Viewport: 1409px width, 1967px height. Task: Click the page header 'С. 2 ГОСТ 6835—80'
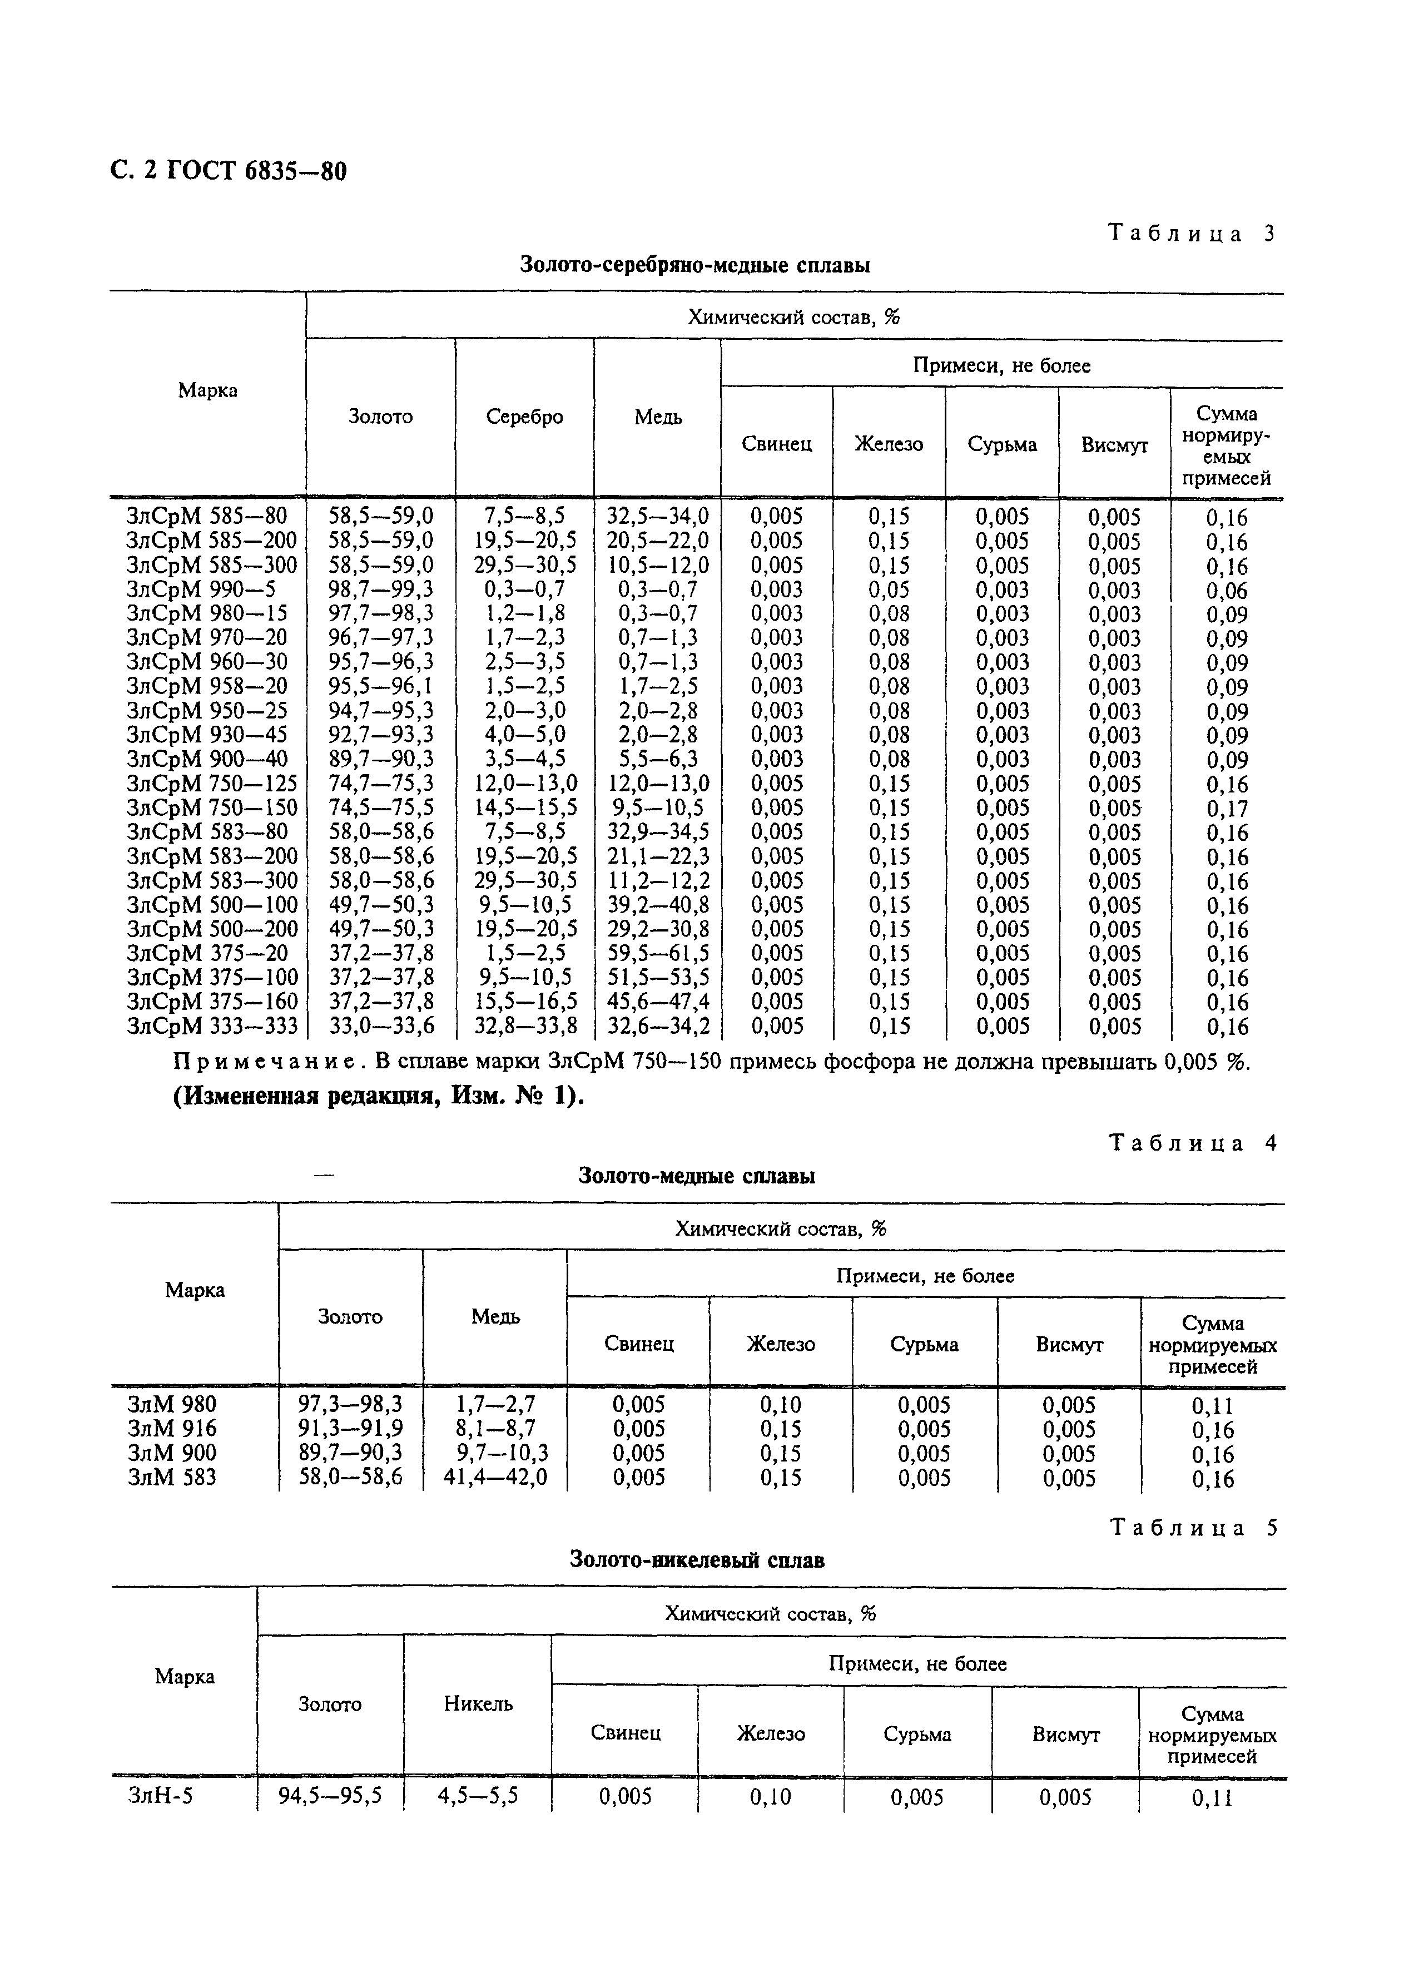tap(228, 171)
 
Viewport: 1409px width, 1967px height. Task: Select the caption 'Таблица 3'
tap(1192, 234)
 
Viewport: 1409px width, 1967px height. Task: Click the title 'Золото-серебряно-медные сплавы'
tap(694, 265)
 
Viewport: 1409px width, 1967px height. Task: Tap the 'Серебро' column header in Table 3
tap(524, 417)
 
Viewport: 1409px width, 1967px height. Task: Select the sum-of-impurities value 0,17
tap(1226, 809)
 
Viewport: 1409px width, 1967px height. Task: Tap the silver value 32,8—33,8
tap(524, 1027)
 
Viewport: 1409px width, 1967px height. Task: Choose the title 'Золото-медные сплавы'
tap(696, 1177)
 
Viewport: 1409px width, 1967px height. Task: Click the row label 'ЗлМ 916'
tap(172, 1429)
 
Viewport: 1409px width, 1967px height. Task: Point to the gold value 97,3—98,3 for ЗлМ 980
tap(350, 1404)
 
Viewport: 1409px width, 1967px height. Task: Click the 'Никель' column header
tap(478, 1704)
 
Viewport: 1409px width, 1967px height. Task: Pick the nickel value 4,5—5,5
tap(478, 1796)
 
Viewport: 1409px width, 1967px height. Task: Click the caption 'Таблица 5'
tap(1193, 1528)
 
